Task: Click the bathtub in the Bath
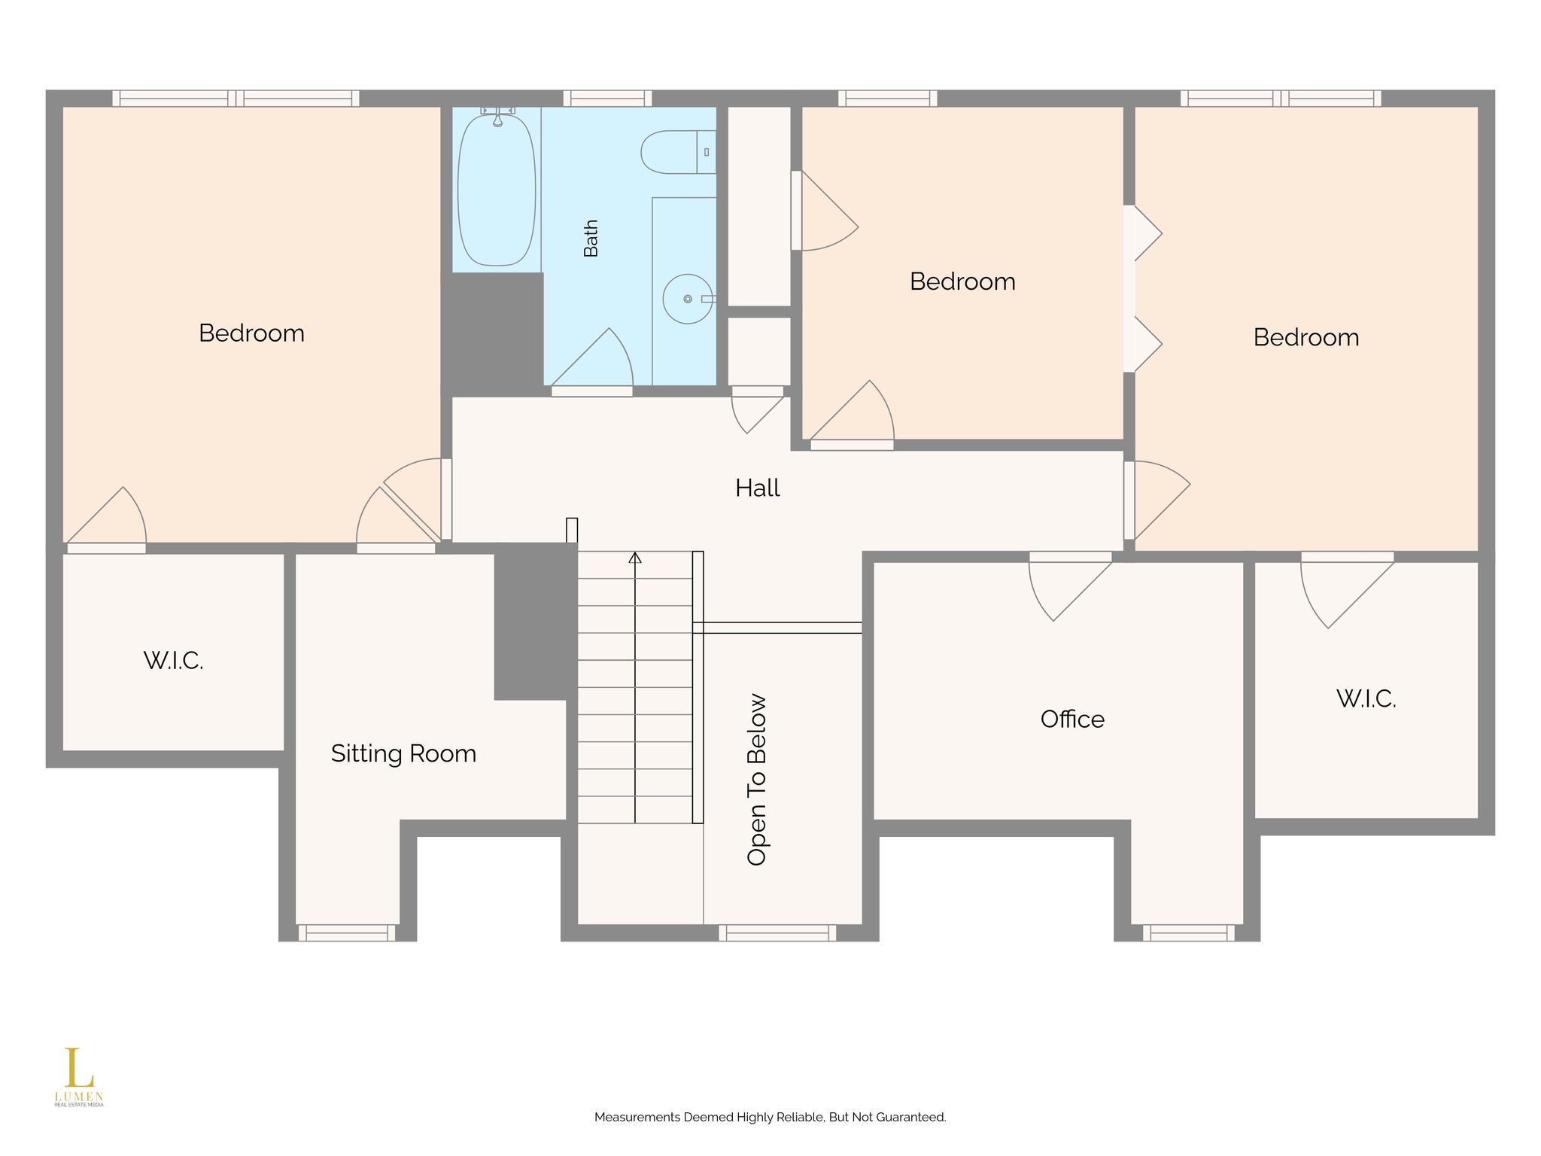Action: click(497, 188)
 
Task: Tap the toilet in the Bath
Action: click(678, 152)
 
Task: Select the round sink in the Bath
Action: click(688, 299)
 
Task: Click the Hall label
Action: click(757, 488)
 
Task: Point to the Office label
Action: click(1072, 719)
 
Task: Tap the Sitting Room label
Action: click(403, 754)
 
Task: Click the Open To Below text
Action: click(757, 780)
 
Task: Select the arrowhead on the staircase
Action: click(635, 558)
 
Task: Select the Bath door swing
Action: click(592, 357)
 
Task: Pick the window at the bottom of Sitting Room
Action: click(347, 932)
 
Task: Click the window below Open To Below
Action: click(777, 932)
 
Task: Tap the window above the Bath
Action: click(607, 99)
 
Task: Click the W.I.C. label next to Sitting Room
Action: click(173, 661)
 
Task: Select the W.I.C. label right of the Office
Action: click(1366, 699)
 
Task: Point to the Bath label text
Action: click(591, 238)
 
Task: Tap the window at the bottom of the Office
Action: click(1189, 932)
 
